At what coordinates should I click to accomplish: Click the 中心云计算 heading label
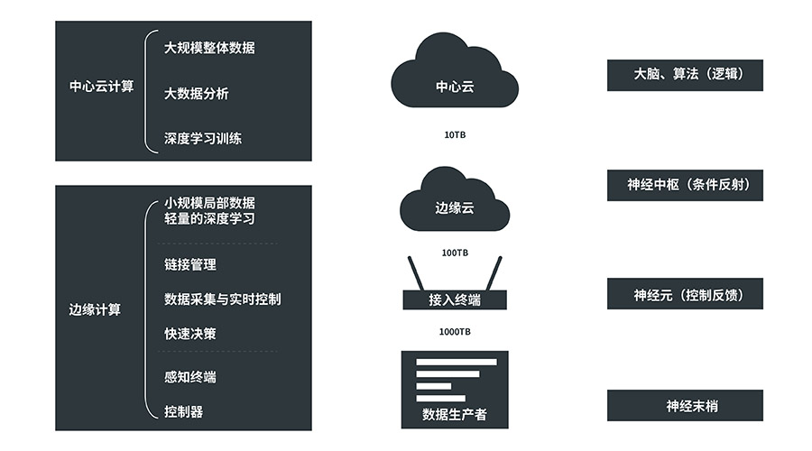click(x=101, y=87)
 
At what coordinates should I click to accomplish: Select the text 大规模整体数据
click(x=209, y=48)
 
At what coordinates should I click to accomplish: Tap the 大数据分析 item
click(x=197, y=93)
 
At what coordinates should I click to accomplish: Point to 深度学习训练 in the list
click(x=203, y=139)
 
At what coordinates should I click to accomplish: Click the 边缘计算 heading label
click(x=95, y=309)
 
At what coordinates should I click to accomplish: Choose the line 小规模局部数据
click(x=209, y=202)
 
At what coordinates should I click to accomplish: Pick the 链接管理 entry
click(x=190, y=264)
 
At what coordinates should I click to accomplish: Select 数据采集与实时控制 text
click(x=222, y=299)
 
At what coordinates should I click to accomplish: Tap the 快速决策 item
click(x=190, y=334)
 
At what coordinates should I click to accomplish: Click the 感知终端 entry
click(x=190, y=377)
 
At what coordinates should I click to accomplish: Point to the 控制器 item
click(x=184, y=411)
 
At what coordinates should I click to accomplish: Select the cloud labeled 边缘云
click(x=455, y=200)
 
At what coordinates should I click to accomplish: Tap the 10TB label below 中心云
click(x=455, y=135)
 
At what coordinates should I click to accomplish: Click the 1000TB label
click(x=455, y=332)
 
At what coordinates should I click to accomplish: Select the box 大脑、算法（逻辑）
click(x=685, y=75)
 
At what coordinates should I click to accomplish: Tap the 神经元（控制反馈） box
click(x=685, y=294)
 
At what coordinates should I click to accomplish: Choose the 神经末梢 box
click(x=685, y=406)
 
